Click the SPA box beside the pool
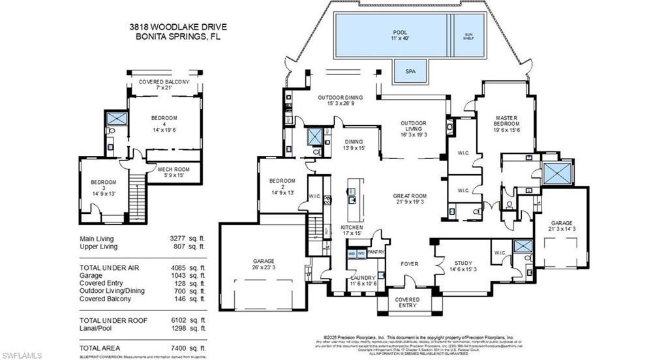click(x=410, y=70)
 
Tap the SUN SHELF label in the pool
click(x=468, y=37)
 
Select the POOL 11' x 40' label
click(x=399, y=35)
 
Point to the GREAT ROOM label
click(x=409, y=199)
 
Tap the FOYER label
click(x=409, y=264)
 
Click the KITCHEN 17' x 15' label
click(x=352, y=231)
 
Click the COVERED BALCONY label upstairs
click(x=164, y=85)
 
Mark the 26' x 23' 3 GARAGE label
click(x=264, y=263)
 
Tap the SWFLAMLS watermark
click(x=22, y=355)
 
